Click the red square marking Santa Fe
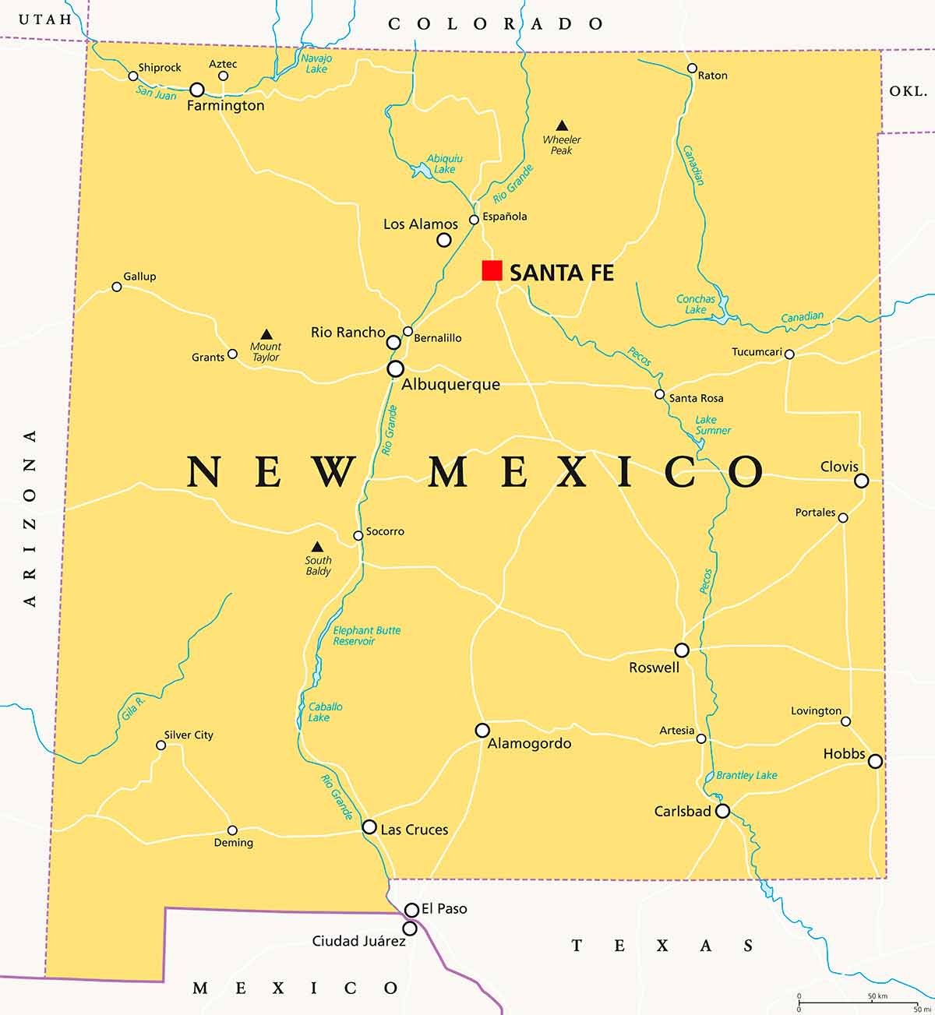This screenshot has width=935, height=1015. click(492, 270)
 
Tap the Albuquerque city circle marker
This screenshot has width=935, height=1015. click(396, 368)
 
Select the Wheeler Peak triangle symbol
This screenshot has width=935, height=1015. click(561, 125)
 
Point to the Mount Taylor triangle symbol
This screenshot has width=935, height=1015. click(266, 334)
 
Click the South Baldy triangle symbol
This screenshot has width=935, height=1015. click(317, 547)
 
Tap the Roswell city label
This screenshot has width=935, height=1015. click(654, 668)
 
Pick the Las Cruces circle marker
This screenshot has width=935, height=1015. click(369, 826)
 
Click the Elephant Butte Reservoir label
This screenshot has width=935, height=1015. click(366, 636)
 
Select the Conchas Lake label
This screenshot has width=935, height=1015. click(695, 304)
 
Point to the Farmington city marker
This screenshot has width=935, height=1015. click(197, 90)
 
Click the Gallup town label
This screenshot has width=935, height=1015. click(139, 277)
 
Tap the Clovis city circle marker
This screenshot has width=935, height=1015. click(861, 481)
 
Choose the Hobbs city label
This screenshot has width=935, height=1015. click(844, 753)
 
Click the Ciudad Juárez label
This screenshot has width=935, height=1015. click(358, 941)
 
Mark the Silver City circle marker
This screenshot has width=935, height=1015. click(161, 745)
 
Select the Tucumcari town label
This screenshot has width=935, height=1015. click(757, 352)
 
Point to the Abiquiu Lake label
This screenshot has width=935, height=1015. click(445, 164)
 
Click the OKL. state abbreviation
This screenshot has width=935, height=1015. click(908, 91)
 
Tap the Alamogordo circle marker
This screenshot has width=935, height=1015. click(482, 730)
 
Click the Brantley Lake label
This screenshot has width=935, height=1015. click(746, 775)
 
